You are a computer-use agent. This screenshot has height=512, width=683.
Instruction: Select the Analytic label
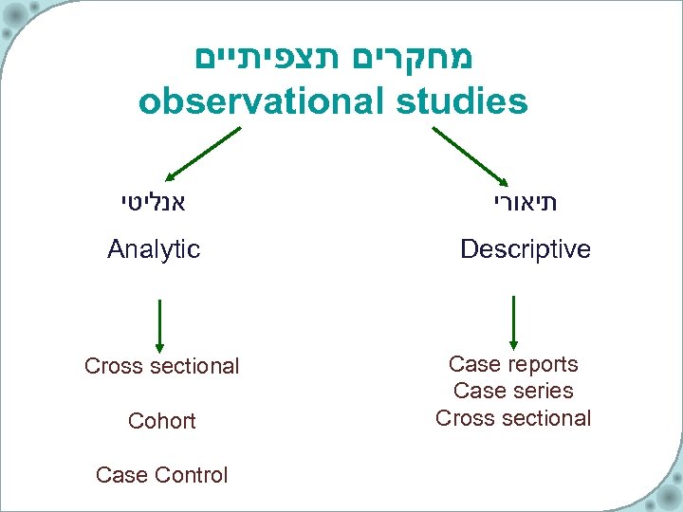(154, 249)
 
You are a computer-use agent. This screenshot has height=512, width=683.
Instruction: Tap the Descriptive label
(525, 249)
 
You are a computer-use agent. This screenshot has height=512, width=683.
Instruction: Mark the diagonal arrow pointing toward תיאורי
(471, 154)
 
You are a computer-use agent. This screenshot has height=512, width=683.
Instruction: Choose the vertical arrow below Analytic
(159, 325)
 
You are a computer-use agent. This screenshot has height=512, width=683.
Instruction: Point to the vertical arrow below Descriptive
(513, 322)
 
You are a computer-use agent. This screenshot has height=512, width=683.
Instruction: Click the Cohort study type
(162, 420)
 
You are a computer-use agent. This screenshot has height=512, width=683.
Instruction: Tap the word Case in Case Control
(118, 475)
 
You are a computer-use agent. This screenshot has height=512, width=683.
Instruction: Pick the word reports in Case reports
(544, 364)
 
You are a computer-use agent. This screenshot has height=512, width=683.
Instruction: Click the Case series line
(513, 391)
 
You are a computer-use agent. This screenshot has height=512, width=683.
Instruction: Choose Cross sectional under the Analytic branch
(162, 366)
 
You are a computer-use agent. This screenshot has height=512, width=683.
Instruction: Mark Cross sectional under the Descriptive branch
(513, 418)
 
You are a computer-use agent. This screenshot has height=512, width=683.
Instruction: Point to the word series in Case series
(542, 391)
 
